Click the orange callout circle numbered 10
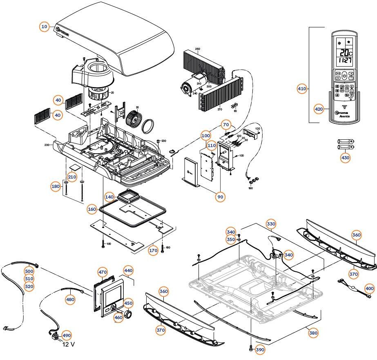[45, 27]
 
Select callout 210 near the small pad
[72, 177]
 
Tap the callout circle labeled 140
[109, 197]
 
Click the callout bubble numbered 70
[226, 124]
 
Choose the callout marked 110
[211, 145]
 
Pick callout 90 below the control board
[221, 197]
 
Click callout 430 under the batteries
[345, 158]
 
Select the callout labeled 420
[319, 109]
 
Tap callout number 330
[271, 224]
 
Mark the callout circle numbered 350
[231, 239]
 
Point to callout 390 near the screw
[260, 350]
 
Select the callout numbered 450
[128, 303]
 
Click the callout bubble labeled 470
[103, 272]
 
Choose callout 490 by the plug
[66, 335]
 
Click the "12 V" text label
[68, 344]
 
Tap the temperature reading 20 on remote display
[342, 53]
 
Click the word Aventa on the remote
[346, 116]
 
